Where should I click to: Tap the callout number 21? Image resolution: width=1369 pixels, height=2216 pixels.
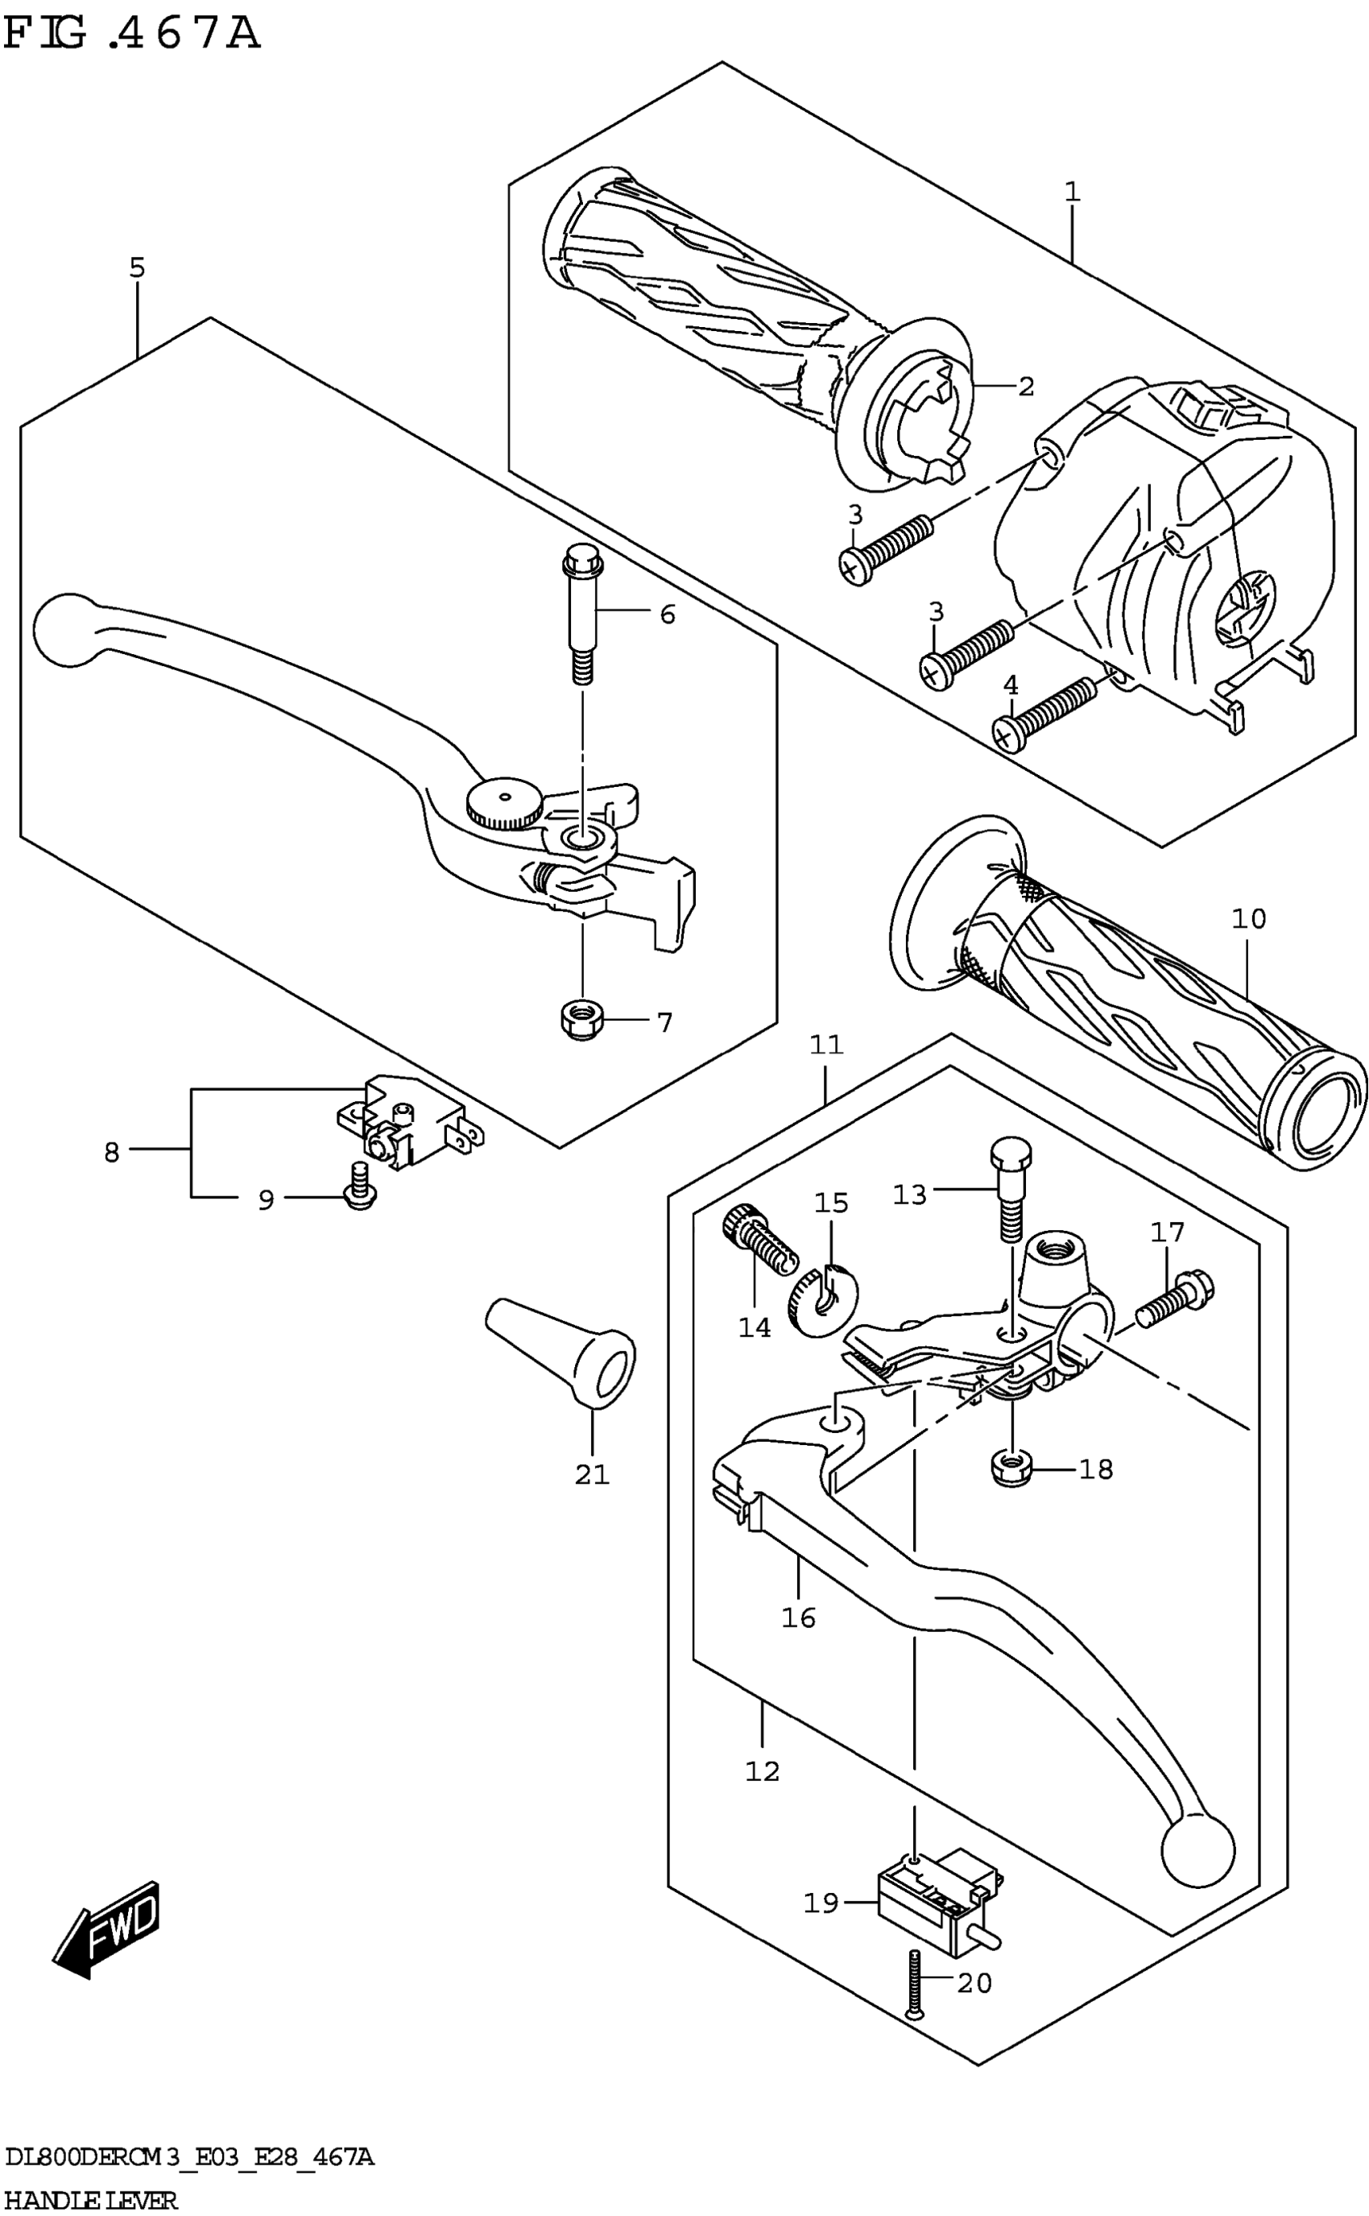tap(592, 1475)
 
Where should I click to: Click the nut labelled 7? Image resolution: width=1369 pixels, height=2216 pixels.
tap(577, 1021)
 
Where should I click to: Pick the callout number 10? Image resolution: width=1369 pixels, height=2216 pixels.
tap(1248, 919)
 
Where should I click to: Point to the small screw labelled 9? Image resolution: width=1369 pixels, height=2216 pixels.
tap(360, 1188)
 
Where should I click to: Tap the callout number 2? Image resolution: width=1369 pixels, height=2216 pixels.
tap(1026, 387)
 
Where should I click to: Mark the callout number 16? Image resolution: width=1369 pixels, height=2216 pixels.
tap(799, 1618)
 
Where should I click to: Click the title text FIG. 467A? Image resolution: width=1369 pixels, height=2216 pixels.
tap(131, 34)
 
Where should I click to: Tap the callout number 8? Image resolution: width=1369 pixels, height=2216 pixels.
tap(111, 1153)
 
